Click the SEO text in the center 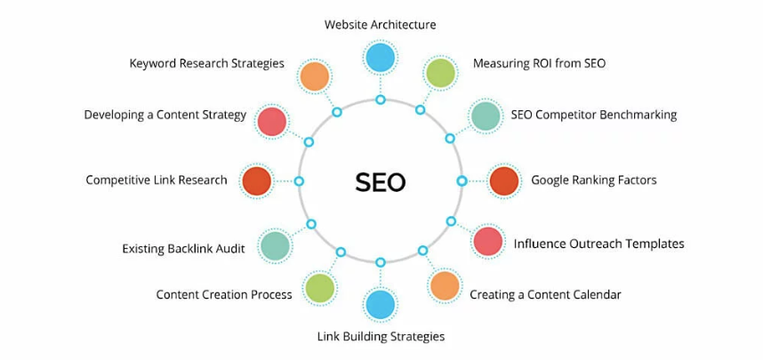(381, 181)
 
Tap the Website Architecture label (380, 25)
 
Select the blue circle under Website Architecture (380, 58)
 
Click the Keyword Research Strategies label (206, 63)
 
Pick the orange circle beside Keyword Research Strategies (314, 76)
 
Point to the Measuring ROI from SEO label (539, 63)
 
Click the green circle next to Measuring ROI (440, 74)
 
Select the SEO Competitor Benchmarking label (593, 114)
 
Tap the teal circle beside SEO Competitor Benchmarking (486, 116)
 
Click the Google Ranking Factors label (593, 180)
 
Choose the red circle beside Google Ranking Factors (504, 181)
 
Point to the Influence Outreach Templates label (598, 244)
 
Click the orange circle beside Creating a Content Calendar (445, 286)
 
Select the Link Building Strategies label (381, 336)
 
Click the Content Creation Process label (224, 294)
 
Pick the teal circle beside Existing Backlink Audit (275, 246)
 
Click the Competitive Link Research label (157, 180)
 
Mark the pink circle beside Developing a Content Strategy (271, 121)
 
